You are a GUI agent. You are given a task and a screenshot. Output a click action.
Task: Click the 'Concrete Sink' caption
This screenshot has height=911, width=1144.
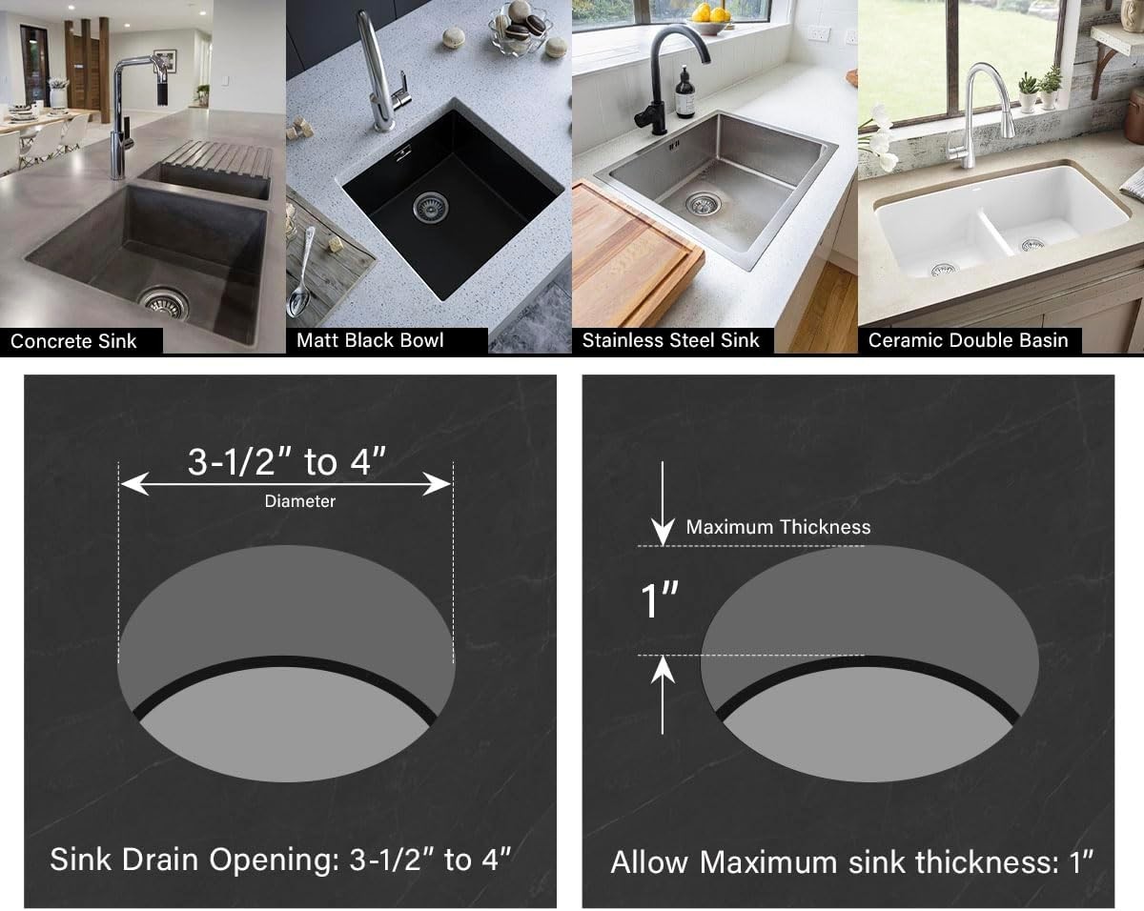pyautogui.click(x=73, y=341)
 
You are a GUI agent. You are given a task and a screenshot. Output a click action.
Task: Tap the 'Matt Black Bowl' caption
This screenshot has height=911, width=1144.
pyautogui.click(x=370, y=340)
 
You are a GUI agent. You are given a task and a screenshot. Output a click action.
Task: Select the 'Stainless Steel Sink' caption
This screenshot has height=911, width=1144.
pyautogui.click(x=671, y=340)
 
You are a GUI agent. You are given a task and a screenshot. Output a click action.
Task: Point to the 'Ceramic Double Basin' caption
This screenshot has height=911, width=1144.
pyautogui.click(x=968, y=340)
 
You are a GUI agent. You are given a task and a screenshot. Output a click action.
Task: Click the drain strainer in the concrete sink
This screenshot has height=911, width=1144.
pyautogui.click(x=164, y=303)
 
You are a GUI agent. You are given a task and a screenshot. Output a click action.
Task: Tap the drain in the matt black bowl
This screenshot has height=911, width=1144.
pyautogui.click(x=431, y=208)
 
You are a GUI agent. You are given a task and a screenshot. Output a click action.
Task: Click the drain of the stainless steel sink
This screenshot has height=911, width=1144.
pyautogui.click(x=704, y=204)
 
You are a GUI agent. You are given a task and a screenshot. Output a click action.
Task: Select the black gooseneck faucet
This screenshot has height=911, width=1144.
pyautogui.click(x=671, y=80)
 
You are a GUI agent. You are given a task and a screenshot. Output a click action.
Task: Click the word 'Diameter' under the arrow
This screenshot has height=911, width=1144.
pyautogui.click(x=299, y=501)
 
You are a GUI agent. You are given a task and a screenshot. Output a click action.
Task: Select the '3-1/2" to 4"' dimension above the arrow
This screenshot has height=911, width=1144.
pyautogui.click(x=287, y=461)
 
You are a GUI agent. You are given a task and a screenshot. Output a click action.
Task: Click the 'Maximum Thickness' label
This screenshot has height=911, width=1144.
pyautogui.click(x=778, y=527)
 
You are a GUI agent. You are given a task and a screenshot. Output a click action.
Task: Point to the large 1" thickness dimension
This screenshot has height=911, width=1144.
pyautogui.click(x=660, y=600)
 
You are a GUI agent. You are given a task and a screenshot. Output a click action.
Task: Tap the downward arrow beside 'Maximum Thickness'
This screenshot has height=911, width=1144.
pyautogui.click(x=663, y=504)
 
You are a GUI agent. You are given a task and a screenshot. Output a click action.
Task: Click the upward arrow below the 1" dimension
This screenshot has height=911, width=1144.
pyautogui.click(x=663, y=696)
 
